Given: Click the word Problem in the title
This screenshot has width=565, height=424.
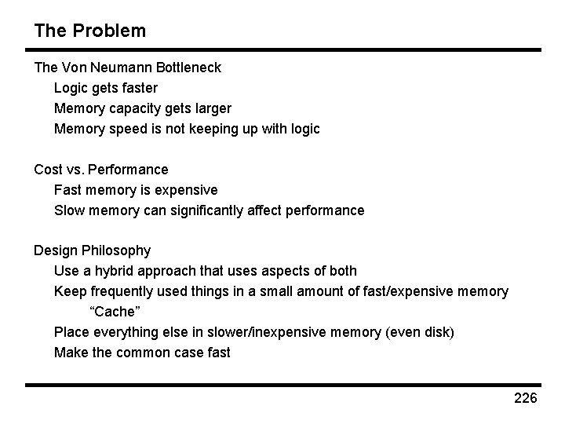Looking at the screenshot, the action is point(107,31).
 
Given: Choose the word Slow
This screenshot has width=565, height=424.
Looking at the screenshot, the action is point(70,210).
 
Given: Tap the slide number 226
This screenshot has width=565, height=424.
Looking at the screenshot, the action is point(525,399).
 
